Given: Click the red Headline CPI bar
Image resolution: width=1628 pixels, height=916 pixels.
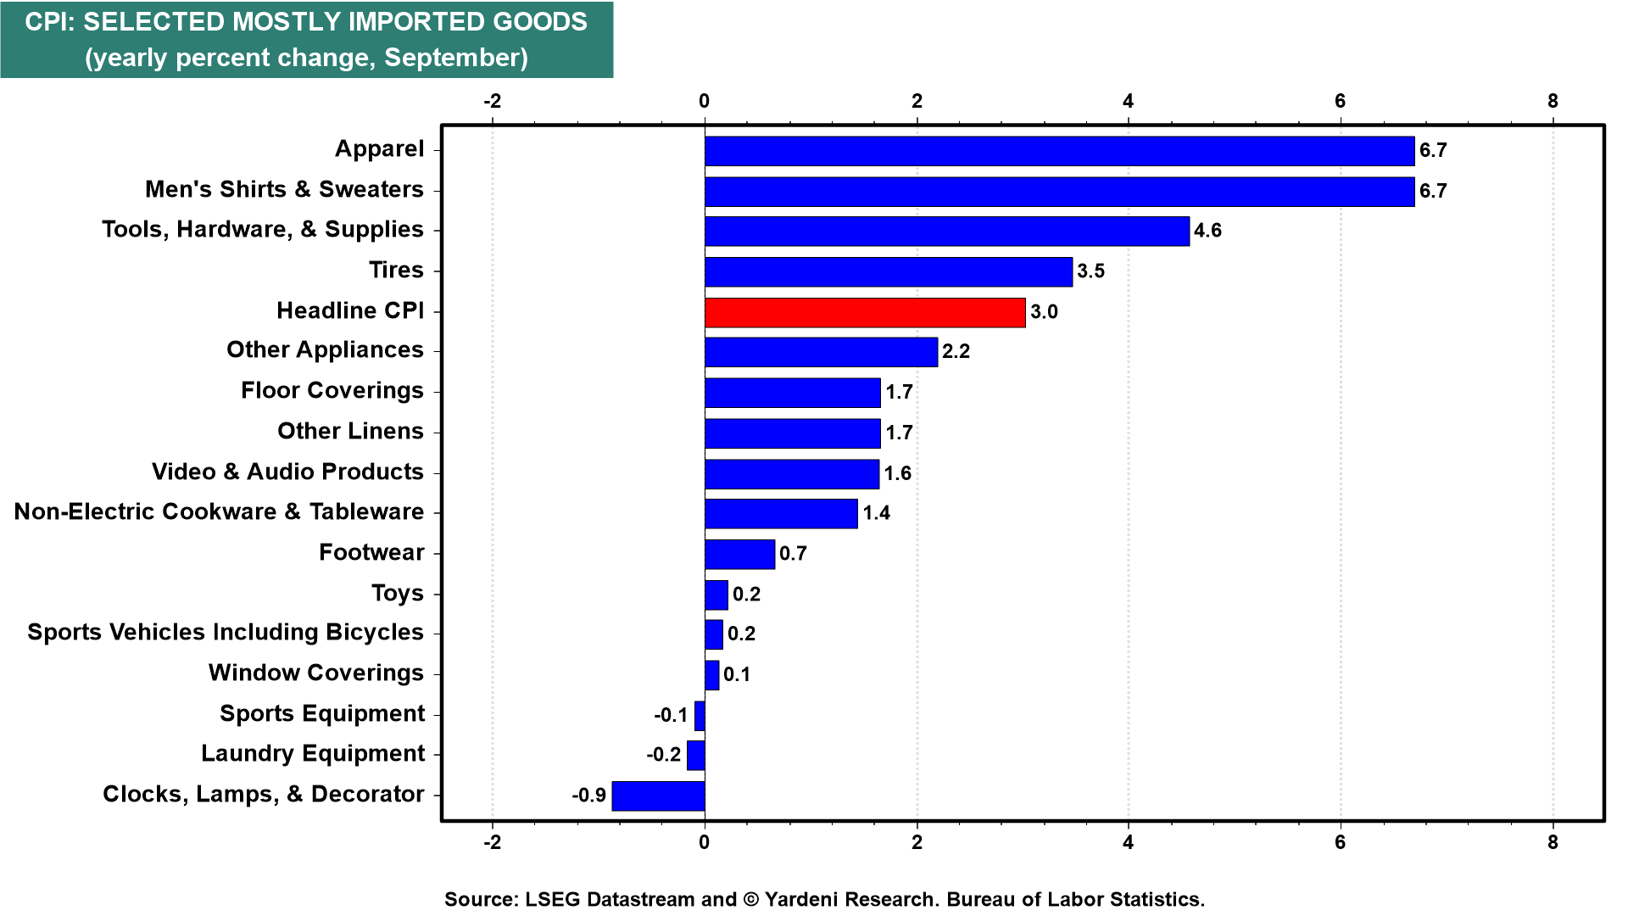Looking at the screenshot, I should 865,312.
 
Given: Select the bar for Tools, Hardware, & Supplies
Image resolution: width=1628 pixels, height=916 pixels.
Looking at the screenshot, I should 946,231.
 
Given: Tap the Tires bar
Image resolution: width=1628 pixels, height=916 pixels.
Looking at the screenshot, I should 888,271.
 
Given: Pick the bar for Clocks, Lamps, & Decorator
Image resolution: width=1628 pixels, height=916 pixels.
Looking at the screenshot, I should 658,796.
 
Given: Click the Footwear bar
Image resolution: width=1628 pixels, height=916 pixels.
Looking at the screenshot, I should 739,554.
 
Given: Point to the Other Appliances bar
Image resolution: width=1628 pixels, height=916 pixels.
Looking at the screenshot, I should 821,352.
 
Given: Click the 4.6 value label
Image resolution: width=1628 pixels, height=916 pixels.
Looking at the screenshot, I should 1207,231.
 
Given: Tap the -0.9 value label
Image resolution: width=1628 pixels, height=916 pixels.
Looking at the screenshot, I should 588,796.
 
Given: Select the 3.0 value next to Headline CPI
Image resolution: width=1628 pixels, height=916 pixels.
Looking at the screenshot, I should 1044,312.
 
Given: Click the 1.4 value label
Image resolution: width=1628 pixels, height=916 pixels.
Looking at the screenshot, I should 876,513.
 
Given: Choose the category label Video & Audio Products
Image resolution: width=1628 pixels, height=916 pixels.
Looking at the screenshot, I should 287,472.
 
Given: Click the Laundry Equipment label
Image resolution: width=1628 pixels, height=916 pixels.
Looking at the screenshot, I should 313,754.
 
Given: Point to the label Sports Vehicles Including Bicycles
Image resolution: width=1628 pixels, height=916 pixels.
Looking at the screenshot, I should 226,633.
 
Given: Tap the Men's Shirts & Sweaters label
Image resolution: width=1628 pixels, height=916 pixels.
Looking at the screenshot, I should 284,189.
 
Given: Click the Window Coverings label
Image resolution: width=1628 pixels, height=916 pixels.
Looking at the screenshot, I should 316,673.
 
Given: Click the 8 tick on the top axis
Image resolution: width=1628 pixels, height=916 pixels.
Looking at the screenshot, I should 1553,101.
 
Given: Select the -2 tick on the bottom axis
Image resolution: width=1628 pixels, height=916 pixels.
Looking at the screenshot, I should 492,842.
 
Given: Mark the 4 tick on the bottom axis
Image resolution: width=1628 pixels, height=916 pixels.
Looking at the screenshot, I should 1128,842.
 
